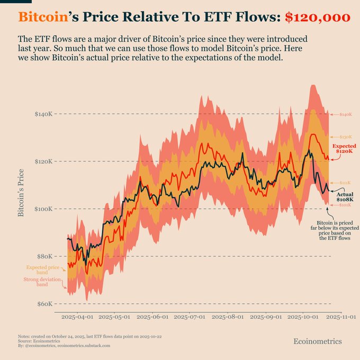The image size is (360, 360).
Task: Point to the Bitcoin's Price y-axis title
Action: [21, 193]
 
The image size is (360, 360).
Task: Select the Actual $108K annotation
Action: [345, 196]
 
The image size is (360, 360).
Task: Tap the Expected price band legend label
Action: [40, 270]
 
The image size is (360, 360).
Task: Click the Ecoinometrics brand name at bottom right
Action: [318, 341]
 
